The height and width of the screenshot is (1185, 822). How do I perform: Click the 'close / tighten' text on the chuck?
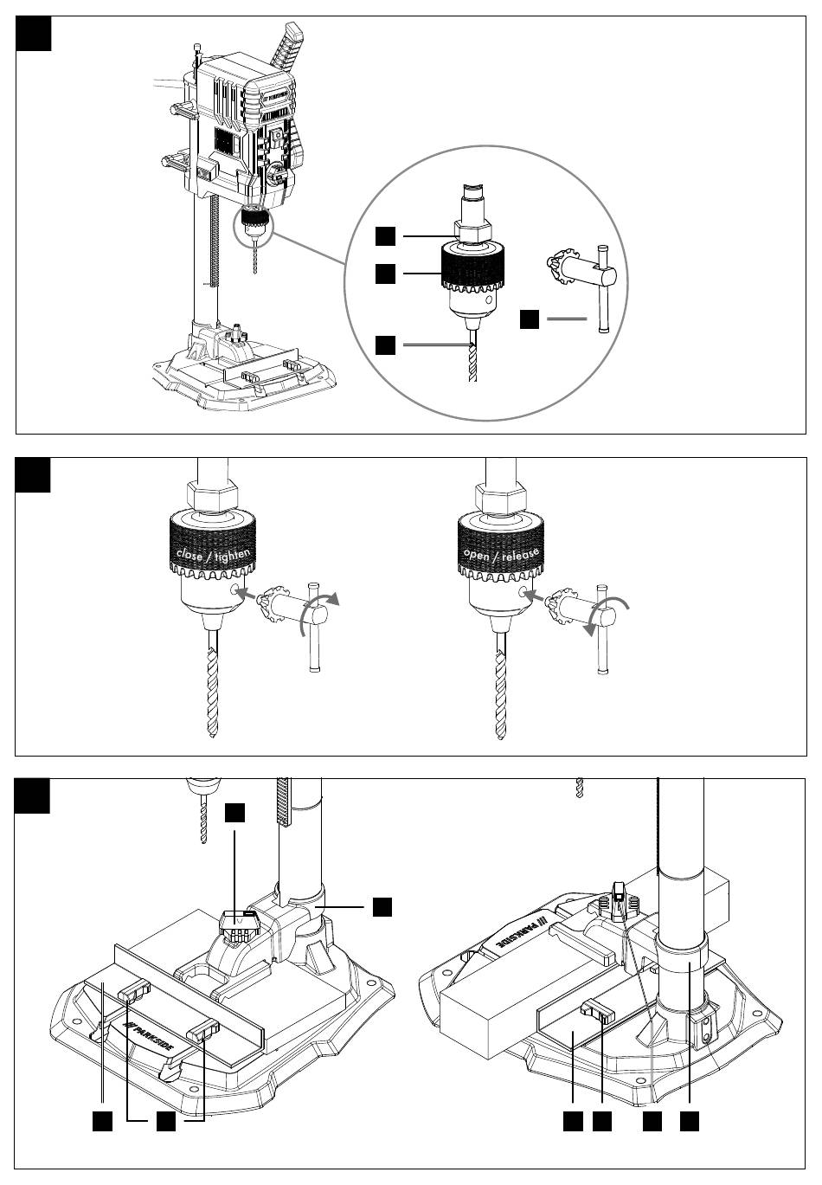pyautogui.click(x=213, y=553)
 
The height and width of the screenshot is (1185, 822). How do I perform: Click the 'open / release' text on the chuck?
pyautogui.click(x=501, y=554)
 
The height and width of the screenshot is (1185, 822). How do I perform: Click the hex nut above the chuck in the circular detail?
pyautogui.click(x=472, y=231)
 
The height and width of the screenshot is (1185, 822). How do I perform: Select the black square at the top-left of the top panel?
pyautogui.click(x=34, y=33)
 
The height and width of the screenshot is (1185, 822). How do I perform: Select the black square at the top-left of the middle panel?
pyautogui.click(x=34, y=474)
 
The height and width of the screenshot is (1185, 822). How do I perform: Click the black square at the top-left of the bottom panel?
pyautogui.click(x=34, y=795)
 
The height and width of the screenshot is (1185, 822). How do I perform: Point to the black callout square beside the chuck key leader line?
pyautogui.click(x=530, y=319)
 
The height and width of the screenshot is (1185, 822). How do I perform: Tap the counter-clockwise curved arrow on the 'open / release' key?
pyautogui.click(x=605, y=615)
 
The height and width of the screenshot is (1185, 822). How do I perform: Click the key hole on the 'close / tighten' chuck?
pyautogui.click(x=234, y=590)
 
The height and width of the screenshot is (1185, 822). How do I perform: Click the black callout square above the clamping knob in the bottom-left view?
pyautogui.click(x=234, y=812)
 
